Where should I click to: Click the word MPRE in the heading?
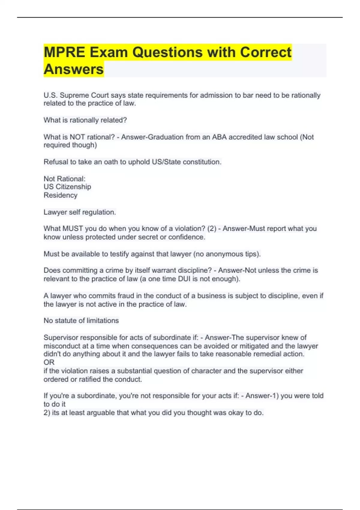coord(64,52)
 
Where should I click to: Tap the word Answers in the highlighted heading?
coord(74,69)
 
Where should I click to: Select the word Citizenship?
coord(73,187)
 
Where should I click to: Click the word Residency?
coord(60,195)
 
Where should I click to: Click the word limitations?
coord(103,321)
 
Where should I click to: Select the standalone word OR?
coord(49,362)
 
